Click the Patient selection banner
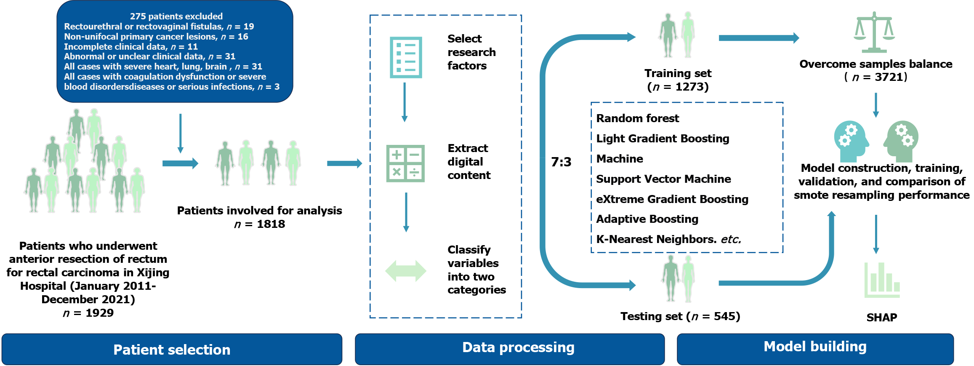172,349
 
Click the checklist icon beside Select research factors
406,57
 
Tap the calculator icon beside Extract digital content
405,163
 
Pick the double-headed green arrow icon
406,270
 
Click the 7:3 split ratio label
561,162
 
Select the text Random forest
637,118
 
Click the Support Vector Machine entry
663,179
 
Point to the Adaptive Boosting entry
647,219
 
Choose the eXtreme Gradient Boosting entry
672,199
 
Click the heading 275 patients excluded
176,16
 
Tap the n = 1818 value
259,224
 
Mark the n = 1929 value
88,313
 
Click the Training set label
678,73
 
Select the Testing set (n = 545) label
680,316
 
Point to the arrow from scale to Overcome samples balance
758,38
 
